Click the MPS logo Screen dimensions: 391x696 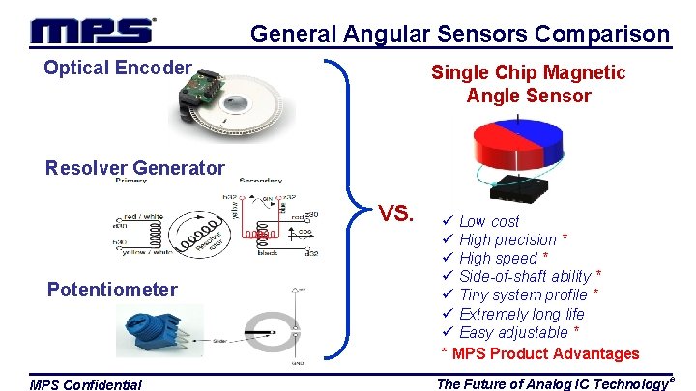click(x=92, y=31)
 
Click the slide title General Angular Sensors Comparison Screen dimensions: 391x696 click(x=459, y=34)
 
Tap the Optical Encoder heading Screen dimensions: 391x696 click(x=118, y=68)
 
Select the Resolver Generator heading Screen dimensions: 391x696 click(x=135, y=168)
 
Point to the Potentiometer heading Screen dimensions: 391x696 click(x=112, y=290)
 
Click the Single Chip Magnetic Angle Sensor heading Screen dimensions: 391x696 click(x=528, y=84)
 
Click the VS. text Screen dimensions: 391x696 click(x=396, y=213)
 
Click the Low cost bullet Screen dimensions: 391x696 click(x=489, y=221)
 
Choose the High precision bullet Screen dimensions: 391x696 click(x=512, y=239)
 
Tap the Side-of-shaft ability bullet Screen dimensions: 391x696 click(x=530, y=276)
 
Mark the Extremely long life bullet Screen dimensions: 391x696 click(x=522, y=314)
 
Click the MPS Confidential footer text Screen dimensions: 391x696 click(x=86, y=384)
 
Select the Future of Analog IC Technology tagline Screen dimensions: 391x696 click(x=552, y=383)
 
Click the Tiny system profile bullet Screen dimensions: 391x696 click(x=528, y=294)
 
